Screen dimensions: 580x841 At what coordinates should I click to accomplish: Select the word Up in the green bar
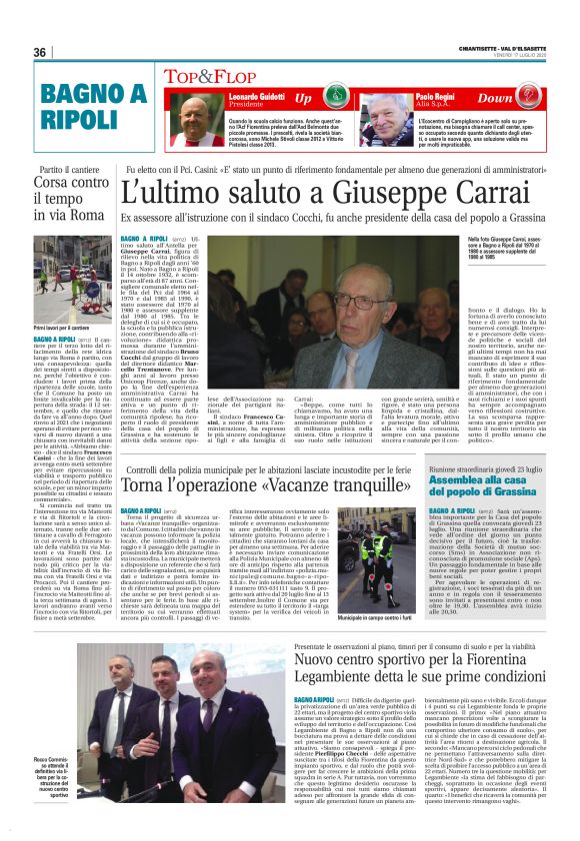[x=303, y=98]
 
